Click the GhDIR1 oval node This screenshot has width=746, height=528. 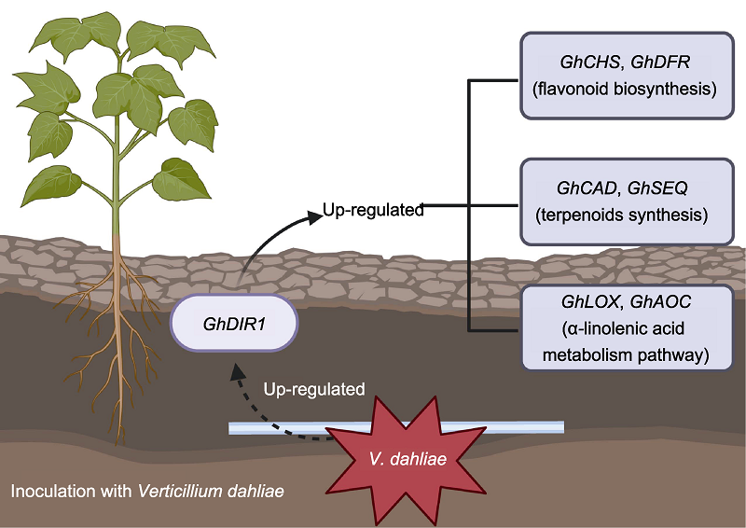pos(234,324)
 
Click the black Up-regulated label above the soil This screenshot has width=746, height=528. pos(373,210)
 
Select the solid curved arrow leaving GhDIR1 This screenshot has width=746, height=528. pos(270,238)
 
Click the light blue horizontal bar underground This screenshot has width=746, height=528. pos(280,428)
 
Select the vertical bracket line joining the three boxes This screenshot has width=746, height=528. pos(467,205)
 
